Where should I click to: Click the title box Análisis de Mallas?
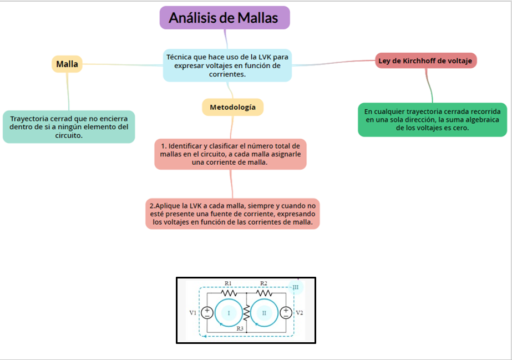[x=225, y=18]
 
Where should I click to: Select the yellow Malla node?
[x=67, y=64]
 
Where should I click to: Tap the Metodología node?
[x=232, y=107]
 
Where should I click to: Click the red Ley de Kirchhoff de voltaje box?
[x=425, y=60]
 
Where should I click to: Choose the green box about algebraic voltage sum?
[x=432, y=119]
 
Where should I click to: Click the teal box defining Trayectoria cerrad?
[x=69, y=126]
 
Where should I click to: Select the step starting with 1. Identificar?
[x=230, y=154]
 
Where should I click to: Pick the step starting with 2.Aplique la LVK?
[x=232, y=214]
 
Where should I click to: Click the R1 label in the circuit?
[x=228, y=283]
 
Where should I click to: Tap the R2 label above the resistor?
[x=263, y=283]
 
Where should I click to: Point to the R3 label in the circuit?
[x=240, y=329]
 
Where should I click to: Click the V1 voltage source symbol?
[x=206, y=313]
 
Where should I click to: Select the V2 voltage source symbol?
[x=285, y=313]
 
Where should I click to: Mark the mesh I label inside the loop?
[x=229, y=313]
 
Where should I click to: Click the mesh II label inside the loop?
[x=264, y=313]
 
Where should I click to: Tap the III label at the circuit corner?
[x=295, y=287]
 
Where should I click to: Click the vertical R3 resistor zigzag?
[x=246, y=313]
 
